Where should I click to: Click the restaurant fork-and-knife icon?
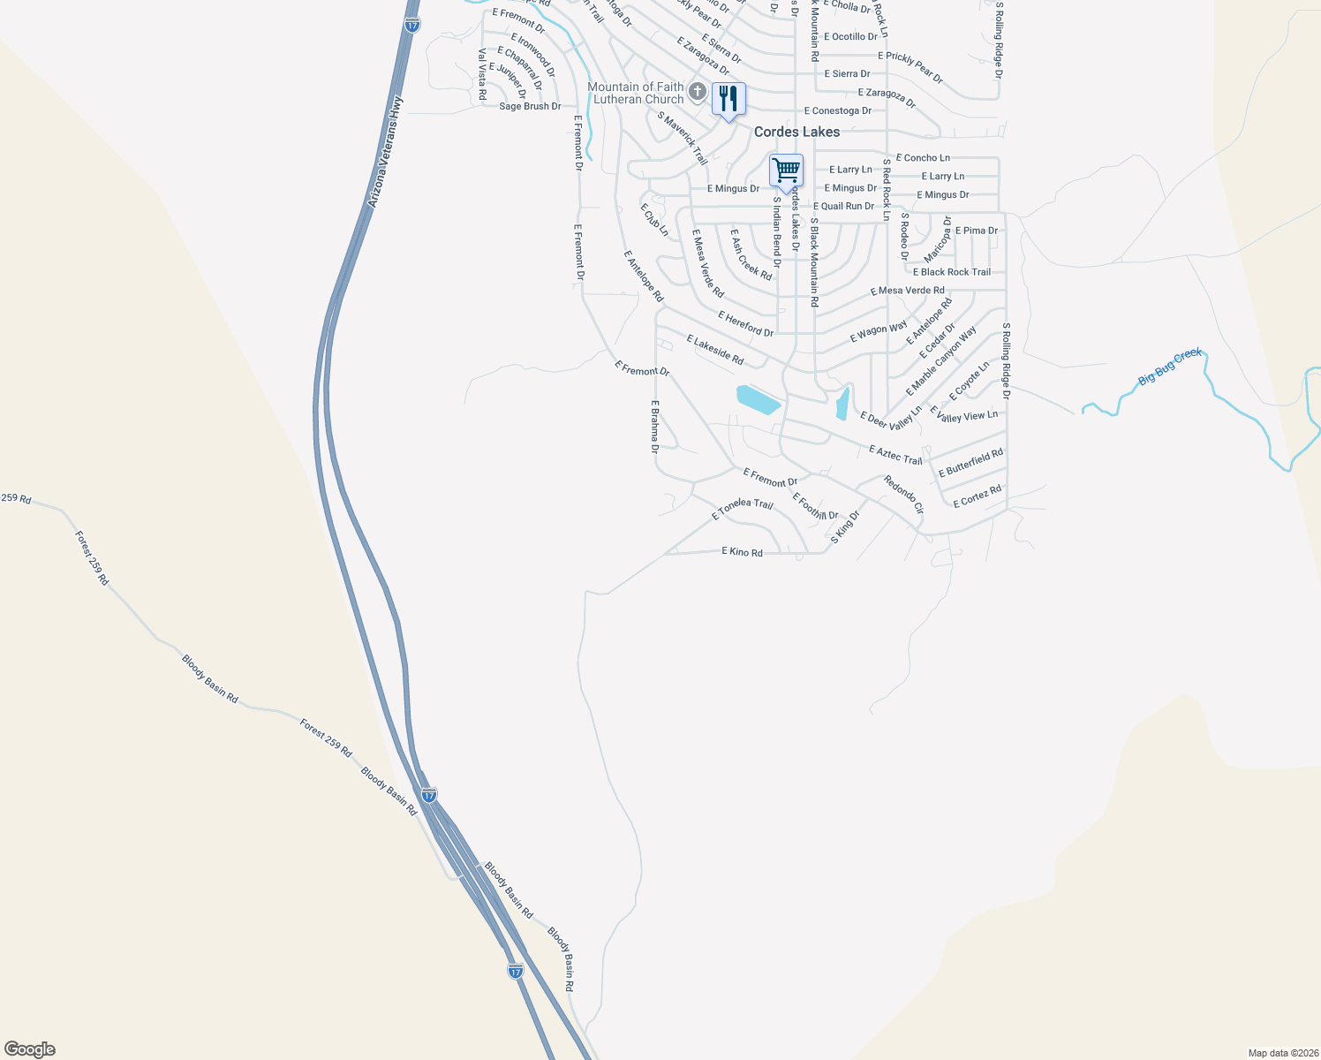coord(728,99)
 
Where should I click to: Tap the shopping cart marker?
coord(786,170)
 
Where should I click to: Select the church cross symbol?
coord(698,91)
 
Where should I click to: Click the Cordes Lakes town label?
coord(796,132)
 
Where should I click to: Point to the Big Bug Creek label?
coord(1170,367)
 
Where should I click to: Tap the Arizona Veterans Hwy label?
coord(385,152)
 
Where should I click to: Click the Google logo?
coord(30,1049)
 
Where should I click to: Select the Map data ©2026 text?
coord(1281,1053)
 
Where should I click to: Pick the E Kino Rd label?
coord(742,552)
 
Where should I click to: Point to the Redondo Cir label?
coord(903,496)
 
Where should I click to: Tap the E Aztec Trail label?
coord(895,455)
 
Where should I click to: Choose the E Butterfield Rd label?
coord(970,463)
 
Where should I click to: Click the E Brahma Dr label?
coord(655,427)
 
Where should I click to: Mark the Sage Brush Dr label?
coord(530,106)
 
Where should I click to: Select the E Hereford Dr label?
coord(745,323)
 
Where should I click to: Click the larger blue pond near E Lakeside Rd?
coord(759,399)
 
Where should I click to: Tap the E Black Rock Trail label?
coord(952,272)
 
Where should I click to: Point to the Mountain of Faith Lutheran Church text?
coord(637,93)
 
